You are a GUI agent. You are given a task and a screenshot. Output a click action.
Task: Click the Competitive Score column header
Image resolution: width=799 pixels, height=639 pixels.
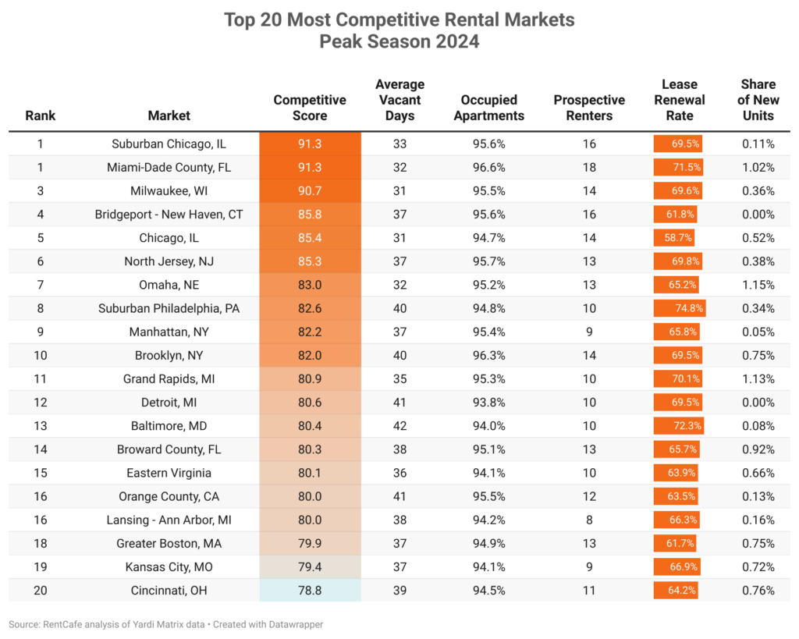tap(310, 108)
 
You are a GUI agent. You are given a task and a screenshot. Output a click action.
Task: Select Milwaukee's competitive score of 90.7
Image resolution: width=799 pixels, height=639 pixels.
tap(310, 191)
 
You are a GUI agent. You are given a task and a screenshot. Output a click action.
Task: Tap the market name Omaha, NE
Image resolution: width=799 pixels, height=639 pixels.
tap(169, 285)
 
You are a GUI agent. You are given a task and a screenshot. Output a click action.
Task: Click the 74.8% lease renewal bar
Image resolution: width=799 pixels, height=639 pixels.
tap(680, 308)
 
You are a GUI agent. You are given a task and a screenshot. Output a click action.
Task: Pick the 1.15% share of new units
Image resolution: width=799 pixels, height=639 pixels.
tap(758, 285)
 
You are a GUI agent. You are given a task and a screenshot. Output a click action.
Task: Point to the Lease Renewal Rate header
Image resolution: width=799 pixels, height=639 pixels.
tap(679, 100)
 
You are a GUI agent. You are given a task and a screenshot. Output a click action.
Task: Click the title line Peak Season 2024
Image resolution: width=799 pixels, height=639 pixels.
tap(399, 41)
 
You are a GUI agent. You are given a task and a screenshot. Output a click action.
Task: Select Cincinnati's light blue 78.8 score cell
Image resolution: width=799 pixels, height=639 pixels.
tap(310, 591)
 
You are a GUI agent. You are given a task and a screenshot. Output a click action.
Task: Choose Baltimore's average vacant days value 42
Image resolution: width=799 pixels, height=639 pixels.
tap(399, 426)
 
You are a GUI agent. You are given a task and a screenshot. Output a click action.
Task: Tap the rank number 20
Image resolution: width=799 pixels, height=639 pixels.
tap(41, 591)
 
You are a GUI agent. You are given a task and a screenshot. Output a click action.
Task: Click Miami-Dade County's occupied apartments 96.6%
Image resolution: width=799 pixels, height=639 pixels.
tap(492, 167)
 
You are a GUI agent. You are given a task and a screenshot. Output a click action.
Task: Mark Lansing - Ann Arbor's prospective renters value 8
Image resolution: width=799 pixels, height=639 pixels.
tap(589, 520)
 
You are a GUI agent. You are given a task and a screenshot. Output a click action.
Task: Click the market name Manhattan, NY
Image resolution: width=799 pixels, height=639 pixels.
tap(169, 332)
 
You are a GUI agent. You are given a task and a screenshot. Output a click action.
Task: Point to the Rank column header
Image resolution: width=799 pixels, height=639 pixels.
tap(41, 115)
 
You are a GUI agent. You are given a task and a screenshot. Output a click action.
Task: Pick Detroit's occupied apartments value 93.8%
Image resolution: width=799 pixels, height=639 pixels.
tap(492, 403)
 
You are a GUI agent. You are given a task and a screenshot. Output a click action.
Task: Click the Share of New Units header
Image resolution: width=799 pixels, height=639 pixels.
tap(758, 100)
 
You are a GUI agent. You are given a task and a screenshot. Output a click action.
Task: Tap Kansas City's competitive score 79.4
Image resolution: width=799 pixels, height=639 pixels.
tap(310, 567)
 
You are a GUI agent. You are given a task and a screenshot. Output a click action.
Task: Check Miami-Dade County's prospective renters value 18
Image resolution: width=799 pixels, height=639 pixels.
tap(589, 167)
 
